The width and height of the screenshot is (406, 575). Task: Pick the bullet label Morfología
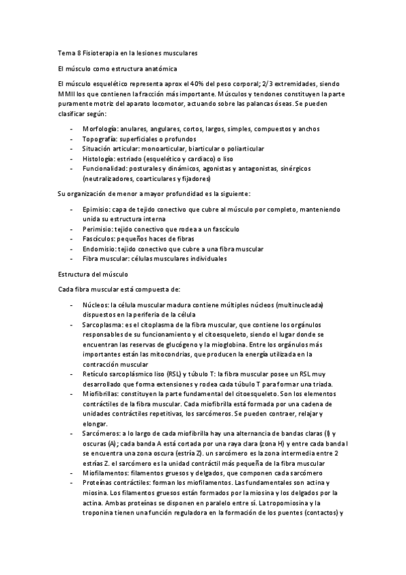(99, 129)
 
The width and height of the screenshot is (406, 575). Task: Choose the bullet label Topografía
(98, 138)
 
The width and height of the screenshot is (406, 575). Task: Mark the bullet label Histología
(97, 158)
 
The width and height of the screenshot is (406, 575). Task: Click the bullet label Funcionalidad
(104, 168)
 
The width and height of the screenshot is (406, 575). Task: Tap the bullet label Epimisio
(96, 210)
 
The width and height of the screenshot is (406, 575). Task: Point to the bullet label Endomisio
(98, 249)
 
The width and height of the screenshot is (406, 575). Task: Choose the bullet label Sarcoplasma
(101, 325)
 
